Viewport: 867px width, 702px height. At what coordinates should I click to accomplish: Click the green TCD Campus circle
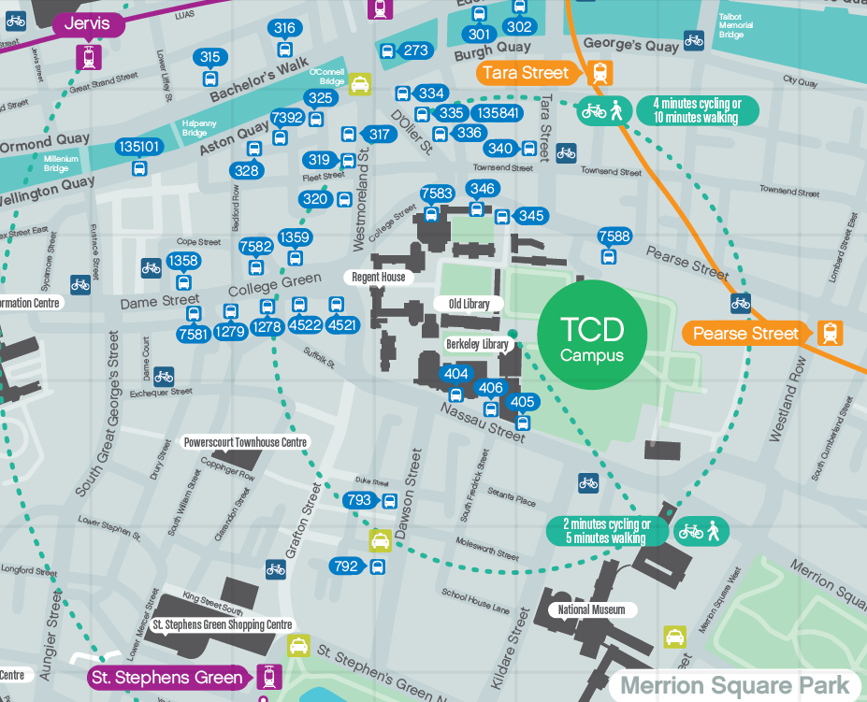tap(591, 335)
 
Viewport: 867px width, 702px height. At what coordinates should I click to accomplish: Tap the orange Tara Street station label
tap(525, 73)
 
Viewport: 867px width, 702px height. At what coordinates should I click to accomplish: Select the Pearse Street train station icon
tap(829, 333)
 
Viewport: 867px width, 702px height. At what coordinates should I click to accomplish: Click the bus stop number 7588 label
tap(614, 236)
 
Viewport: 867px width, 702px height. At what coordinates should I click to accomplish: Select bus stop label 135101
tap(139, 147)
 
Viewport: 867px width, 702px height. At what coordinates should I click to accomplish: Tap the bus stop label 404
tap(456, 374)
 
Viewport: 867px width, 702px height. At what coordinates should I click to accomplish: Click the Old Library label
tap(469, 304)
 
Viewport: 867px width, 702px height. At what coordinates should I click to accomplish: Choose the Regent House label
tap(379, 277)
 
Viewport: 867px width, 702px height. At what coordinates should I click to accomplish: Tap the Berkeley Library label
tap(477, 344)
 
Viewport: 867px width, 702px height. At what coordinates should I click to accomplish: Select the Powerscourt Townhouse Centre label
tap(245, 442)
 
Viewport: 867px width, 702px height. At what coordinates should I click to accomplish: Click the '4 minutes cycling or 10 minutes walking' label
tap(697, 110)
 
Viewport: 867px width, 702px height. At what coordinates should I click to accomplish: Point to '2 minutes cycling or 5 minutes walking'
tap(607, 531)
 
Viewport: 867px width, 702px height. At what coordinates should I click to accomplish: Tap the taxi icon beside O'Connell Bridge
tap(359, 84)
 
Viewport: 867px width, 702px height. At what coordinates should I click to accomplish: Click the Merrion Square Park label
tap(736, 686)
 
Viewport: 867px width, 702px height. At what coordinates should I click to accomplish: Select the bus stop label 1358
tap(183, 261)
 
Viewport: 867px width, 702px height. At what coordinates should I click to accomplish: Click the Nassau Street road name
tap(484, 423)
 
